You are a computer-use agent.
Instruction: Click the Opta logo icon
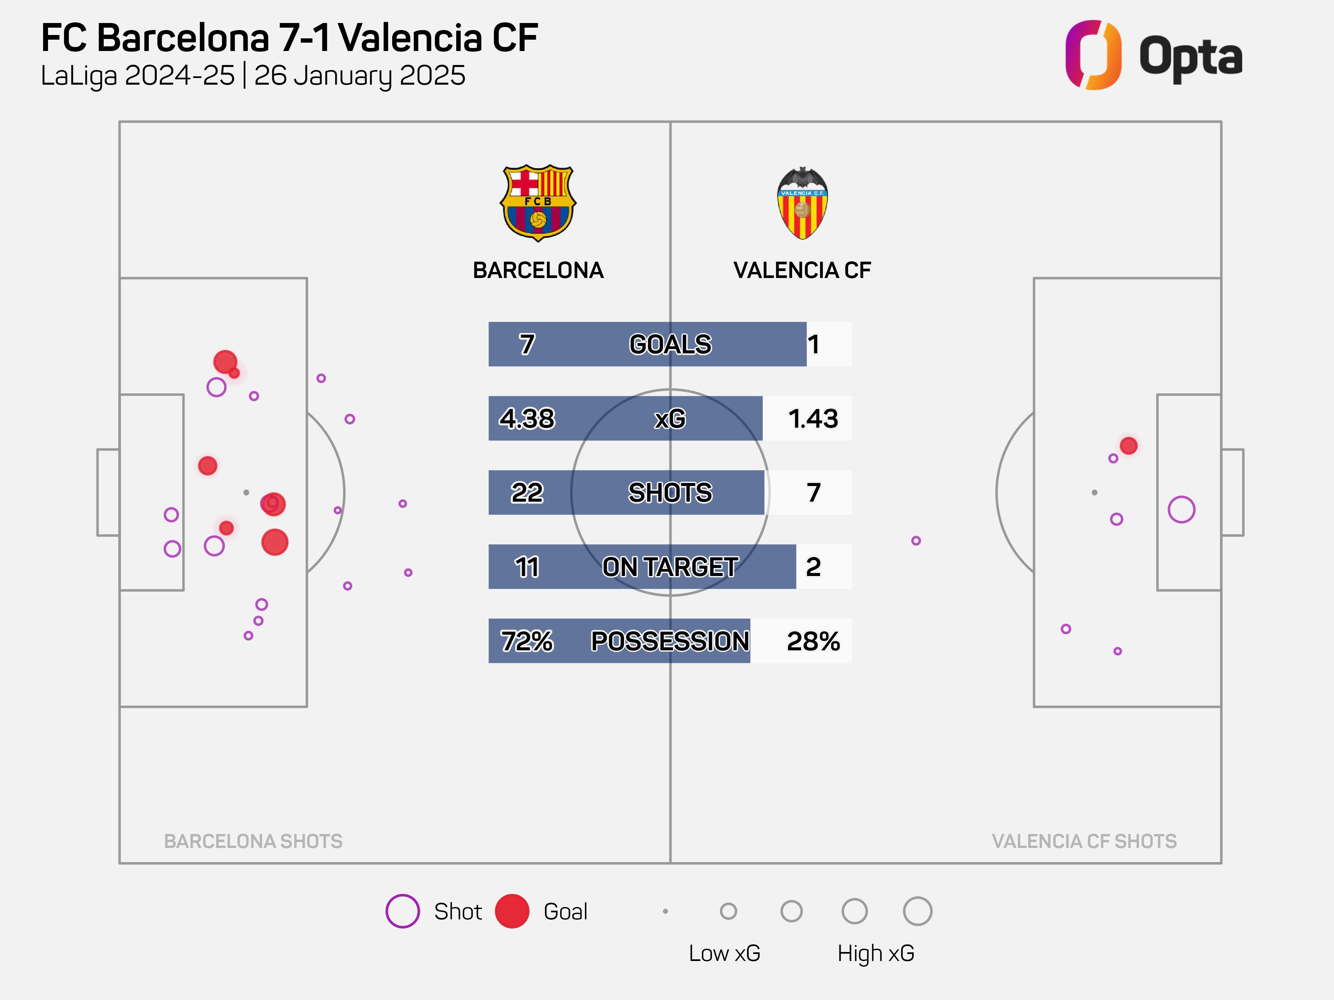coord(1093,55)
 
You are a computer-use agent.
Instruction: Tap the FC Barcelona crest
coord(538,203)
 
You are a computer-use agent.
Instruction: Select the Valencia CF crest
coord(802,203)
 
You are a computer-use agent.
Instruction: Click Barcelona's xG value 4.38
coord(527,418)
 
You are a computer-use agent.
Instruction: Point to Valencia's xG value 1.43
coord(813,418)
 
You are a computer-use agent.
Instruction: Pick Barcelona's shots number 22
coord(527,492)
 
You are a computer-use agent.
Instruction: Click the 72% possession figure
coord(527,641)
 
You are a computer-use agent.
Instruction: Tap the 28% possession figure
coord(813,641)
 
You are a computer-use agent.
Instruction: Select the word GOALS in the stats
coord(670,344)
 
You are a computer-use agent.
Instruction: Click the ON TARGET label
coord(670,567)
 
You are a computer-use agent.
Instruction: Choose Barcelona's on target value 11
coord(527,567)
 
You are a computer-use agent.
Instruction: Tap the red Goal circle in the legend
coord(512,911)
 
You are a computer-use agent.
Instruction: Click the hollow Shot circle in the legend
coord(402,911)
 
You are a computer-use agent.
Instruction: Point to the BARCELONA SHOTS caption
coord(253,841)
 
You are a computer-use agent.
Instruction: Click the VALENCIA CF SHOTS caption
coord(1084,841)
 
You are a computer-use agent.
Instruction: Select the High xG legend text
coord(876,953)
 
